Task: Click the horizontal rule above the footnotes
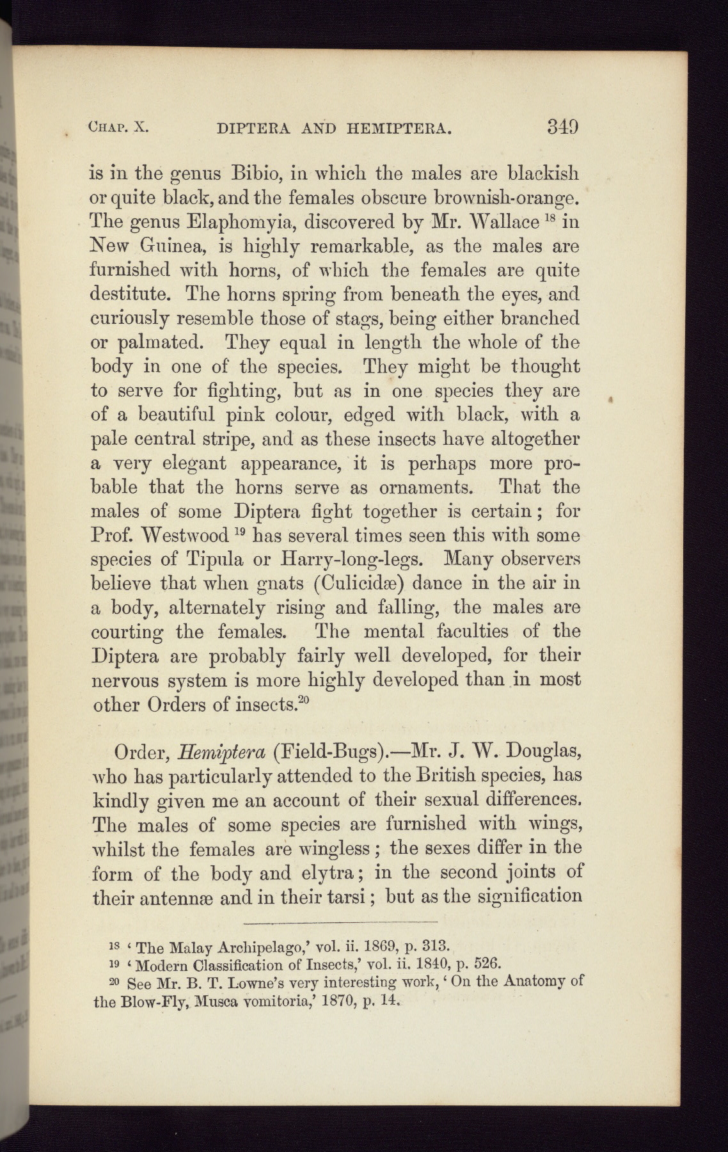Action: point(340,922)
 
